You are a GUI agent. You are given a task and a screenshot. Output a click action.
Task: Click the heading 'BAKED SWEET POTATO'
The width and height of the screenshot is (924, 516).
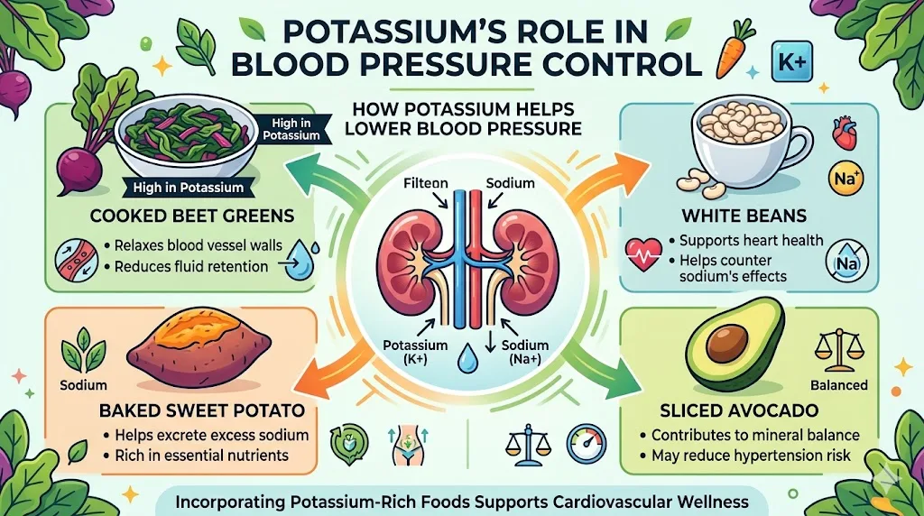(201, 411)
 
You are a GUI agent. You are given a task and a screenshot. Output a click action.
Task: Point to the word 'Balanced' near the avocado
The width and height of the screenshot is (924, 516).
(840, 384)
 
